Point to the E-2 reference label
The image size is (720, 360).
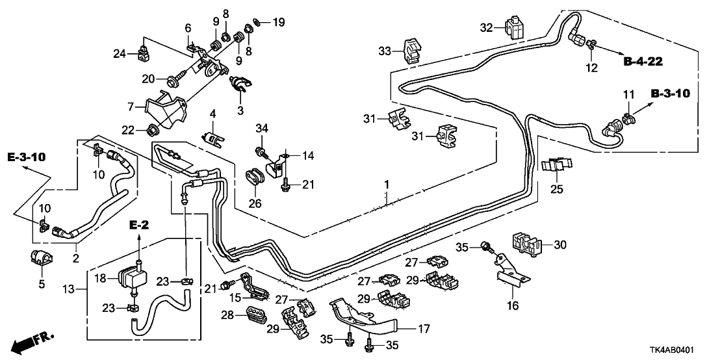tap(139, 225)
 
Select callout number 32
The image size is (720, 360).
tap(487, 27)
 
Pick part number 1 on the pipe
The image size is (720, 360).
tap(387, 185)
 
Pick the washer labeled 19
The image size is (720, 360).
tap(257, 23)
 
